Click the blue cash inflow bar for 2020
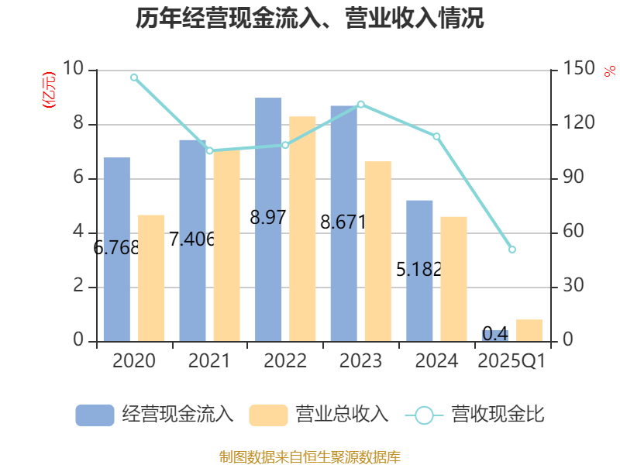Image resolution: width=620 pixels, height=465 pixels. [x=116, y=249]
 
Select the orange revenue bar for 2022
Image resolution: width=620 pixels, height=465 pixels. [x=302, y=229]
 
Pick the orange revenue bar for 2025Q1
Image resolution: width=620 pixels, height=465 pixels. [x=529, y=330]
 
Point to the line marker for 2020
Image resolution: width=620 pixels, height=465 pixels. [x=134, y=77]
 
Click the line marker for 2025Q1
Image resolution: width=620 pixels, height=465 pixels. [x=512, y=250]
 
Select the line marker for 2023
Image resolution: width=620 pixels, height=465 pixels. [x=360, y=104]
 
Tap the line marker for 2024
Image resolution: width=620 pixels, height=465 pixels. [x=436, y=136]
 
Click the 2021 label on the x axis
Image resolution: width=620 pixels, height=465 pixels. [x=209, y=361]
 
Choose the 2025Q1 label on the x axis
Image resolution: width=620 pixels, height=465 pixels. [x=512, y=361]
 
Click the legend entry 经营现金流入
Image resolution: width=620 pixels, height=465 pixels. [x=155, y=415]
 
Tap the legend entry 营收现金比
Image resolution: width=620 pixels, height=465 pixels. [x=475, y=415]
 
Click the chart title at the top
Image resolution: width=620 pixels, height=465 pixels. [x=310, y=19]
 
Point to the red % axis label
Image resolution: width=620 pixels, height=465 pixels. [x=608, y=71]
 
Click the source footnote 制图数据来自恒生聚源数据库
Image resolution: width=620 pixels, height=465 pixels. [x=310, y=456]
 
